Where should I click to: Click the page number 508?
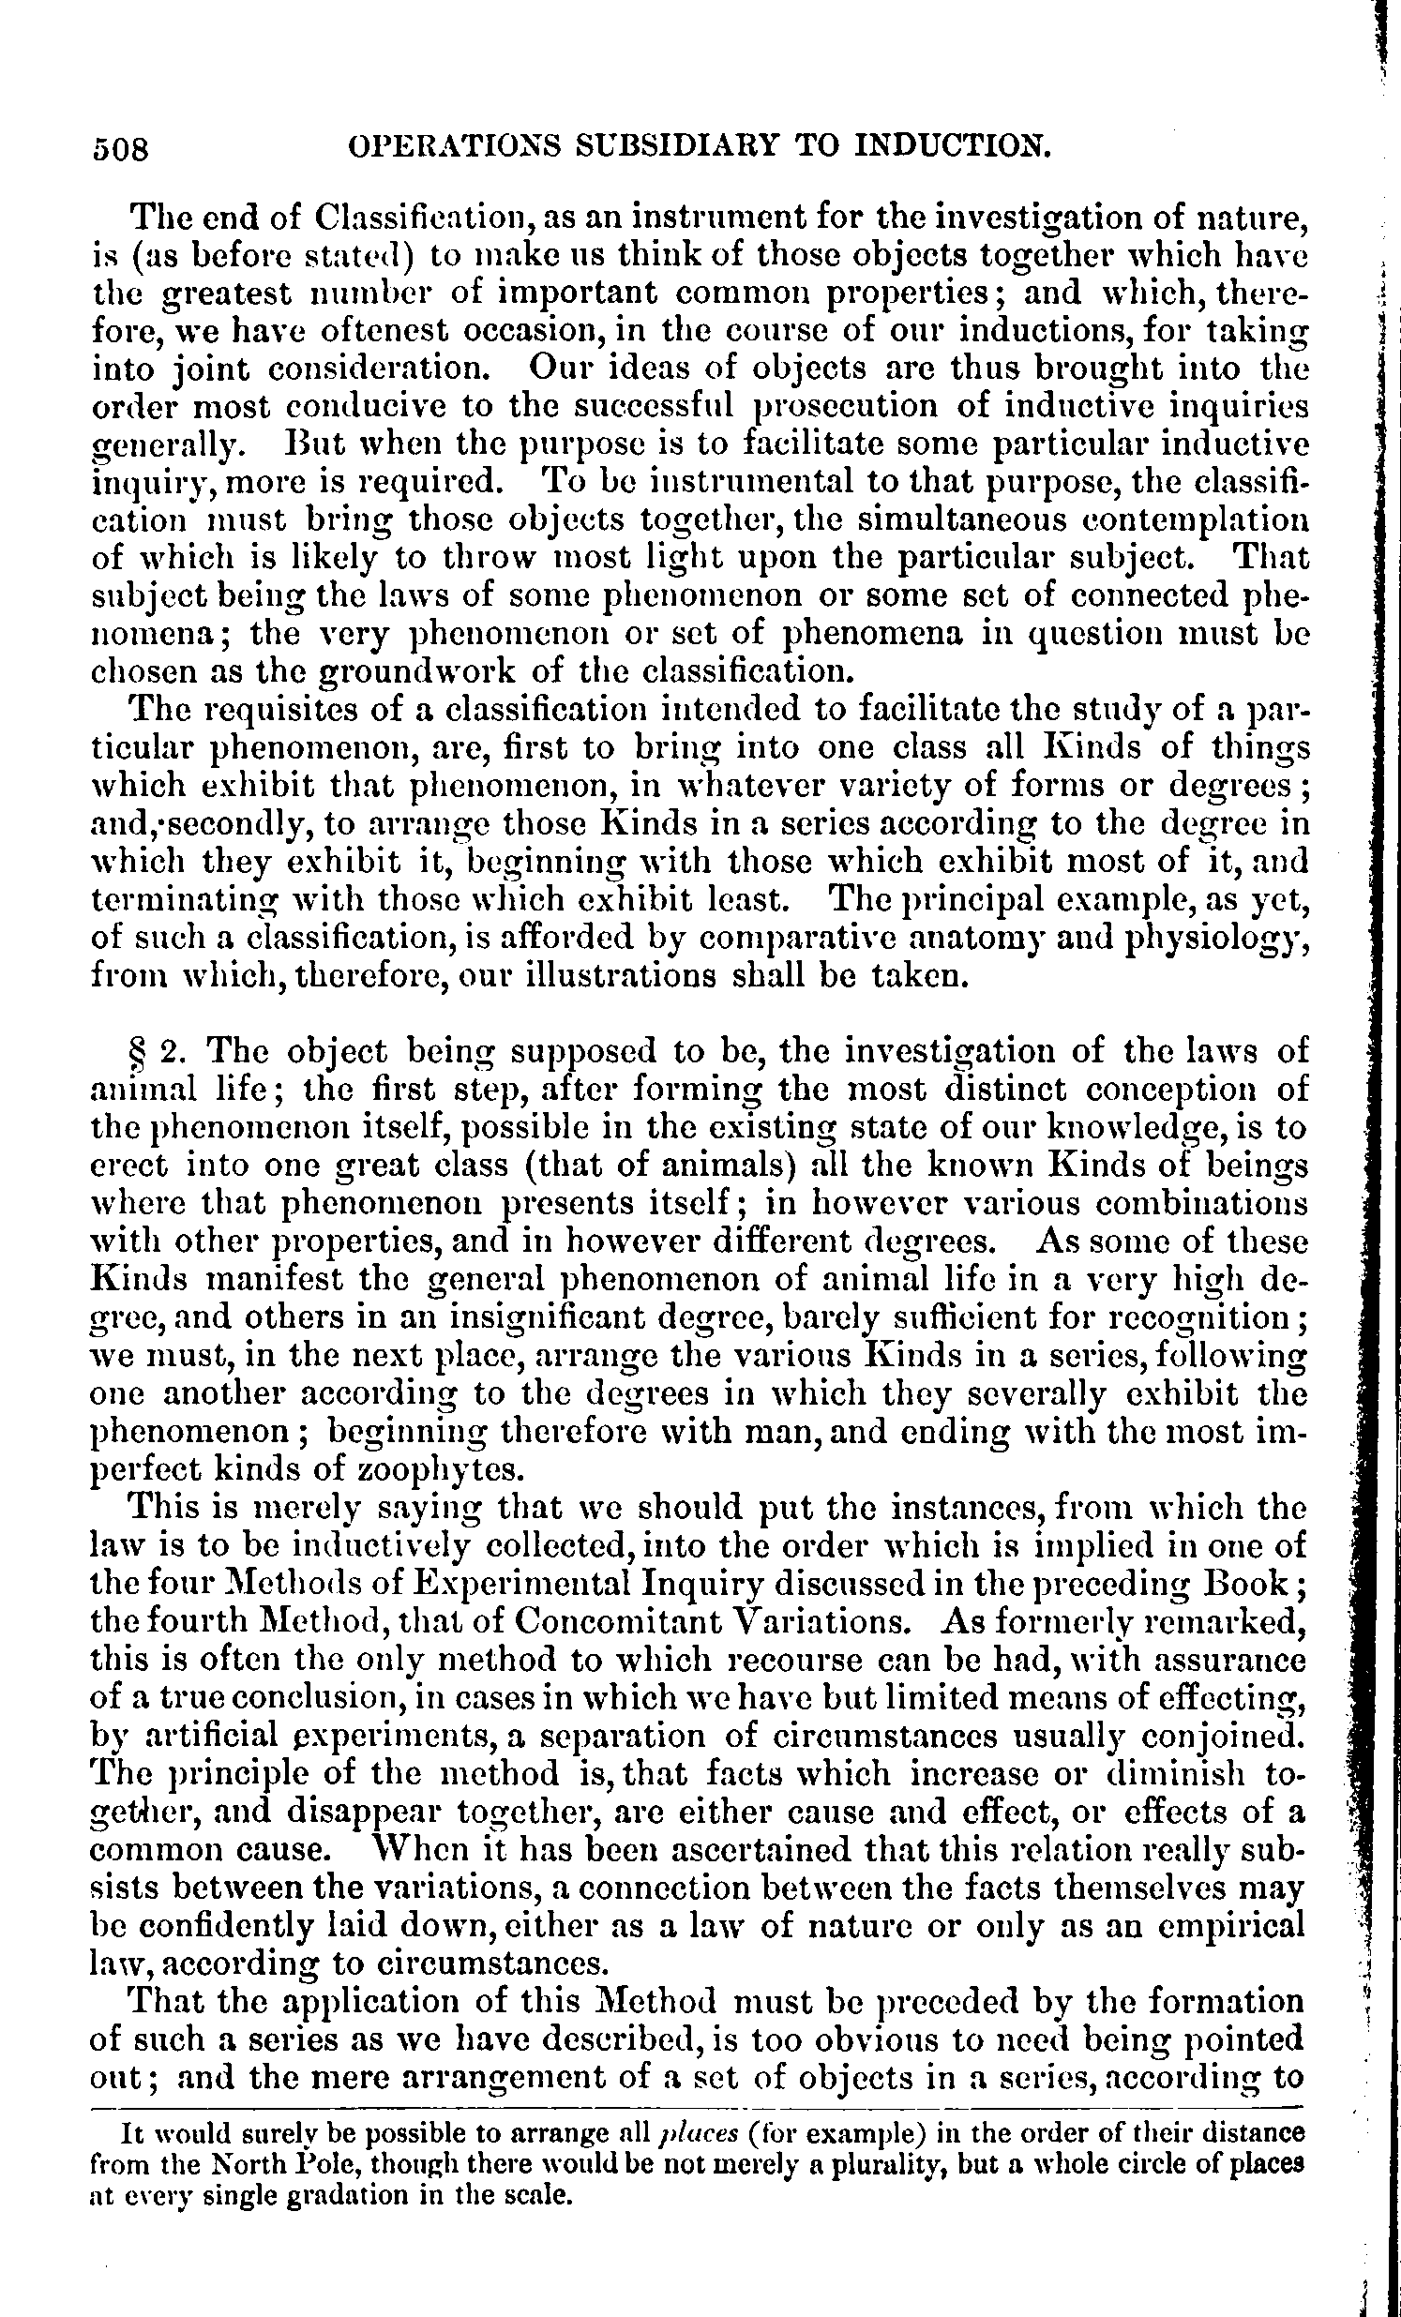pos(121,148)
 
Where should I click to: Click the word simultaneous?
pos(971,520)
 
